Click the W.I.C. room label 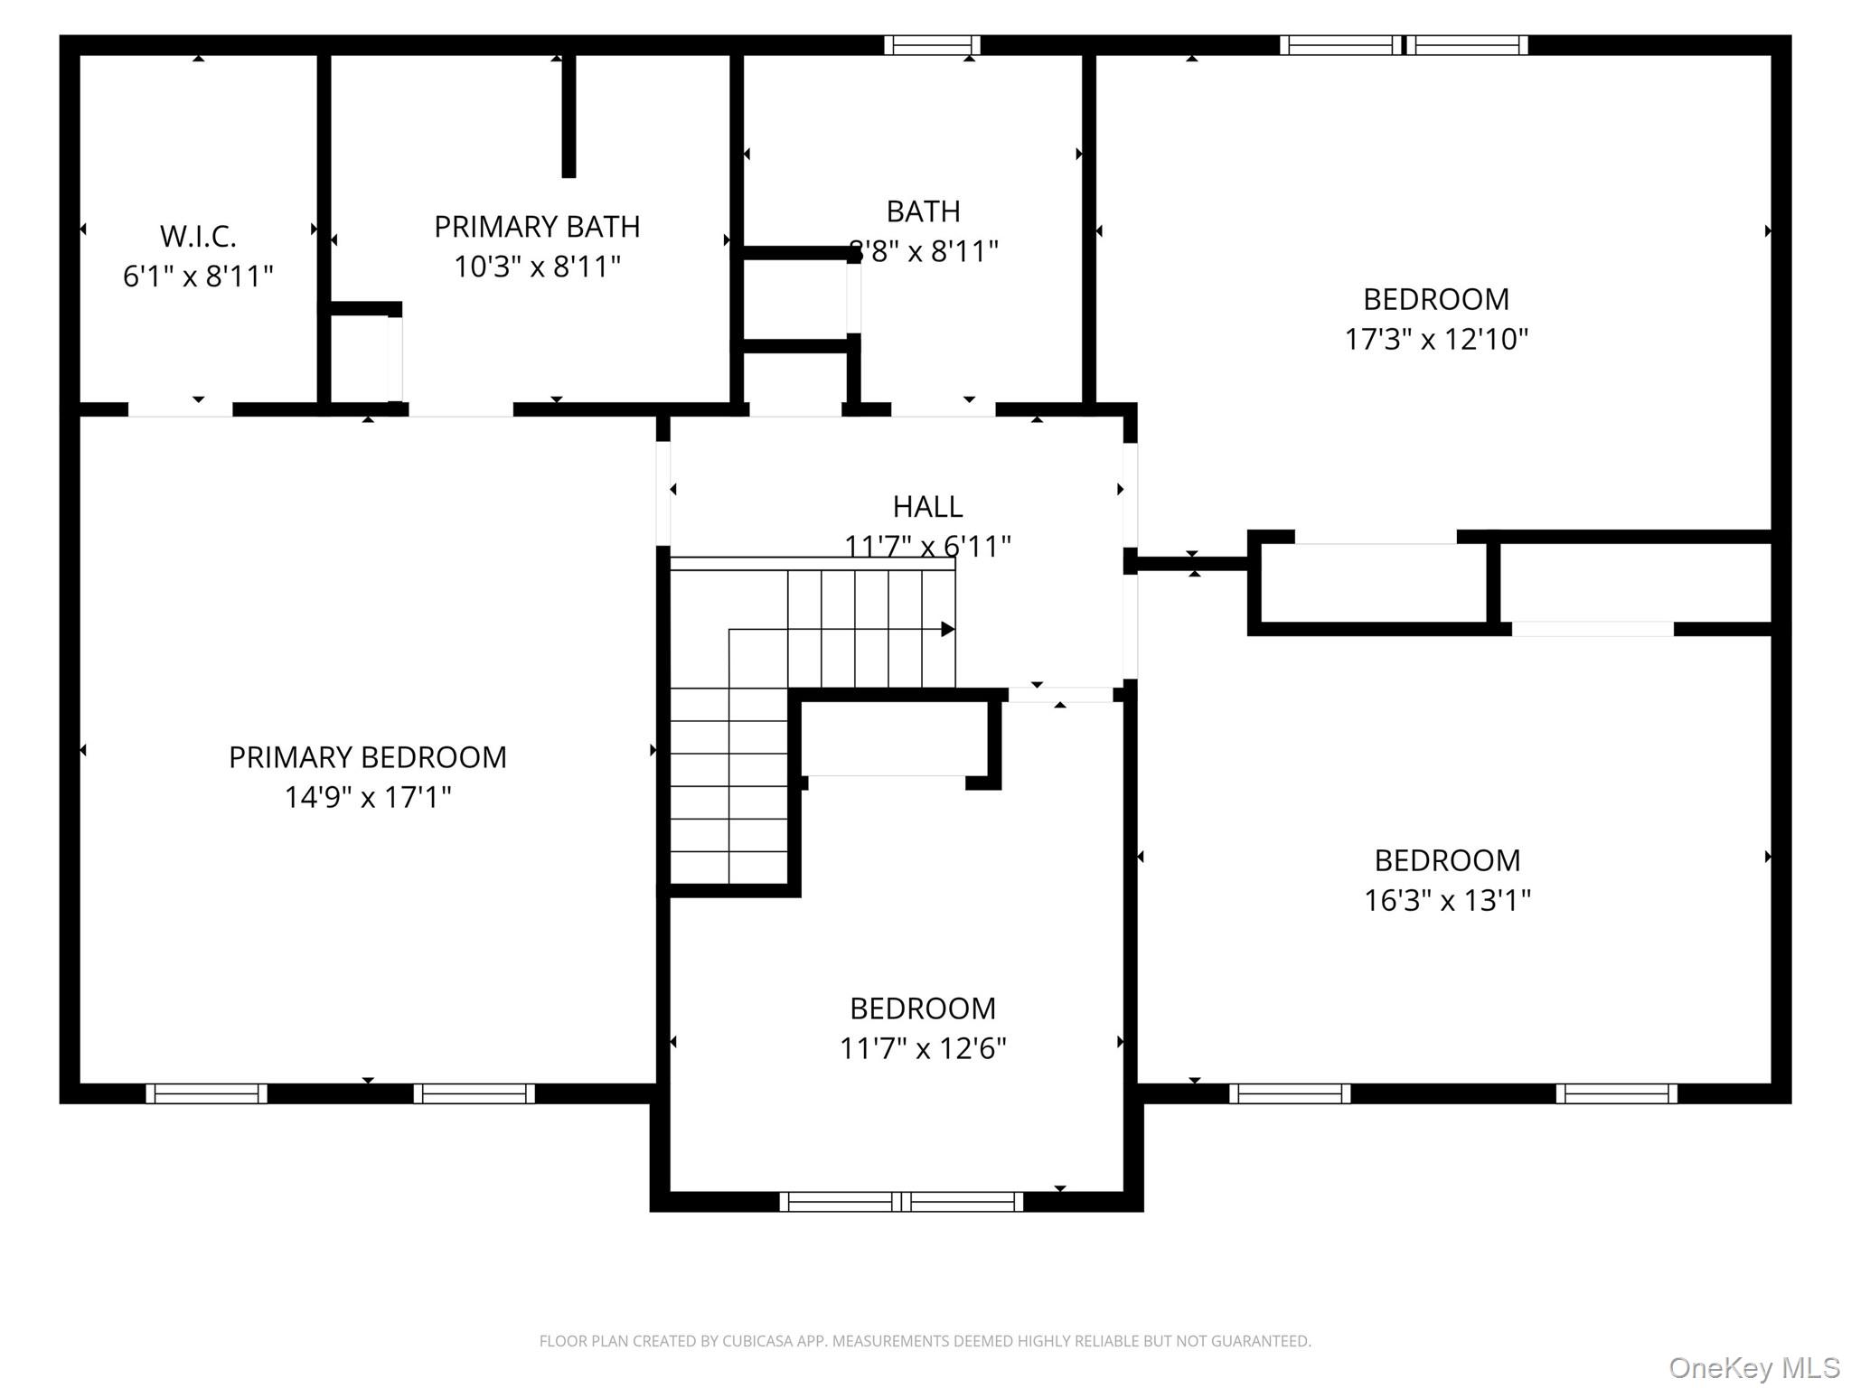[x=198, y=236]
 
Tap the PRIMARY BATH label [x=537, y=227]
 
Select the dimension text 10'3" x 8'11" [x=537, y=267]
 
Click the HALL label [x=927, y=507]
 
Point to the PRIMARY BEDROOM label [x=368, y=757]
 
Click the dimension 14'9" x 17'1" [x=368, y=797]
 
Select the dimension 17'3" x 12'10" [x=1436, y=339]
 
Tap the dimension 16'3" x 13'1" [x=1447, y=900]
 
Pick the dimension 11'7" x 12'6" [x=923, y=1048]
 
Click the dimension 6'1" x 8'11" [x=198, y=276]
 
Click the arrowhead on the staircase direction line [x=947, y=629]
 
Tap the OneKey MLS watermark [x=1754, y=1368]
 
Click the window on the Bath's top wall [x=932, y=45]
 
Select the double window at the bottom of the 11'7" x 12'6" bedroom [x=901, y=1202]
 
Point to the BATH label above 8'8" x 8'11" [x=923, y=211]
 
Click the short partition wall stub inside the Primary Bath [x=568, y=116]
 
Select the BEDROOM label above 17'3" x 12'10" [x=1436, y=299]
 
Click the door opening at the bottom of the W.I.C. [x=180, y=409]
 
